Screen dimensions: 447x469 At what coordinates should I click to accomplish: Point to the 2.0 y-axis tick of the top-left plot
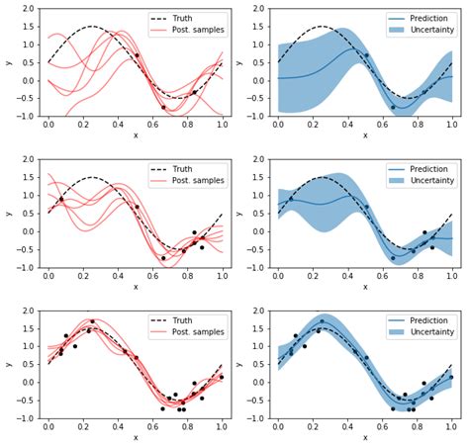[x=25, y=9]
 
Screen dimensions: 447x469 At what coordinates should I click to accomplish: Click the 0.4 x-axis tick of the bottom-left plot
[x=119, y=427]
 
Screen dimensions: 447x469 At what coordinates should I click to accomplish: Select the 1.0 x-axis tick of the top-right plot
[x=452, y=127]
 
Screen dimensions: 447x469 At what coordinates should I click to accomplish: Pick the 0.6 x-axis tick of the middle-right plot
[x=383, y=277]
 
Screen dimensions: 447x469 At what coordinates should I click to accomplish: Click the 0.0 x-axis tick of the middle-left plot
[x=48, y=277]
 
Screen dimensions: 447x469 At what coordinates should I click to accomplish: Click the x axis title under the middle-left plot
[x=136, y=288]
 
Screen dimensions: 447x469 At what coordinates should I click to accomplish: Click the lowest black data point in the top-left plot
[x=164, y=107]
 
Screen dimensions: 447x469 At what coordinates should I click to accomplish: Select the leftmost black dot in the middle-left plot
[x=61, y=199]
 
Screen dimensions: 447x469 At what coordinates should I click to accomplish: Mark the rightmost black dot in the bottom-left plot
[x=221, y=377]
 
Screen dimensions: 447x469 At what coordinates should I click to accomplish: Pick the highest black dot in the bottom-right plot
[x=321, y=321]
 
